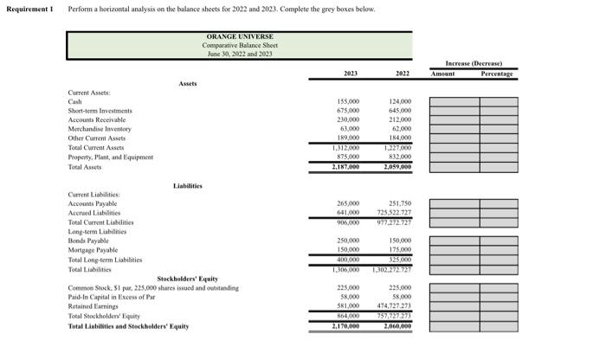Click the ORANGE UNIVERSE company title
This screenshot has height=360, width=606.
tap(239, 36)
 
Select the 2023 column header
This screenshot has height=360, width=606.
tap(351, 74)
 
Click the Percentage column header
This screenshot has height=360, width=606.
tap(497, 74)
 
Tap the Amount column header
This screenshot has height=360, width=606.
tap(442, 74)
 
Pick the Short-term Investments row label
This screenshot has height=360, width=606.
tap(100, 111)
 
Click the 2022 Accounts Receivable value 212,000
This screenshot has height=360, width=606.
tap(400, 120)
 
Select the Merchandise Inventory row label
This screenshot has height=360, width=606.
tap(100, 129)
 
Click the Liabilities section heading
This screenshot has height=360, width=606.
tap(188, 185)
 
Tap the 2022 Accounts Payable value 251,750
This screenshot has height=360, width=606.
tap(399, 203)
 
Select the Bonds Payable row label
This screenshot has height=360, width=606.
tap(88, 241)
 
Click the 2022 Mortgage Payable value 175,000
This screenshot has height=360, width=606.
tap(400, 250)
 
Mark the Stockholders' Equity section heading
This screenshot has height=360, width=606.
tap(187, 279)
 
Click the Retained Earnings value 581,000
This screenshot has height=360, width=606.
tap(347, 306)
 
